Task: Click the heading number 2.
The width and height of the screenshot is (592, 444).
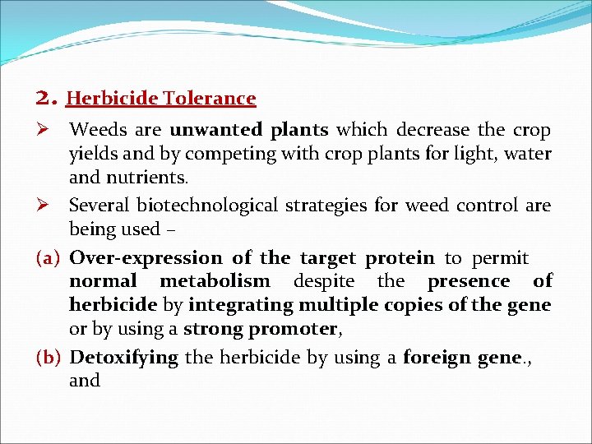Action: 46,99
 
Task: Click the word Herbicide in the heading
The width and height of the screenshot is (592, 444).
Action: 112,99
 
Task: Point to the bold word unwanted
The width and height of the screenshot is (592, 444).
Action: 206,130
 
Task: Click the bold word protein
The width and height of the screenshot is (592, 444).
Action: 400,258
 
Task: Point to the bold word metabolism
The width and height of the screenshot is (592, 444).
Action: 215,281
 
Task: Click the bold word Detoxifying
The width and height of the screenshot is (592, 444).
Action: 123,358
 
